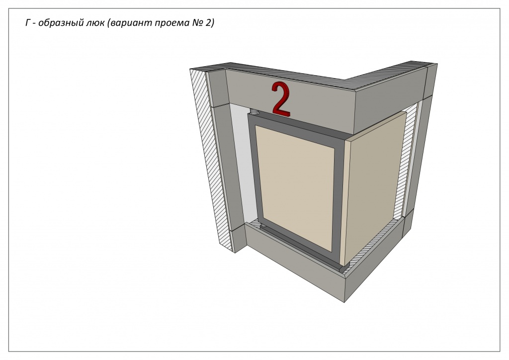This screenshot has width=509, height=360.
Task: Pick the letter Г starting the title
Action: [28, 23]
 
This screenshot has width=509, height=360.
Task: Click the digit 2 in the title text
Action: [209, 23]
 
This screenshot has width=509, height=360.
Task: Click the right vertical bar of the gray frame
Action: [338, 201]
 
